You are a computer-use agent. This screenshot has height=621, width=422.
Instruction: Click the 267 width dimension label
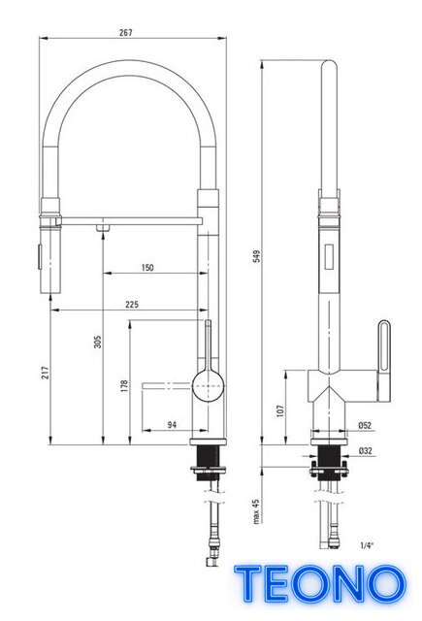pyautogui.click(x=125, y=33)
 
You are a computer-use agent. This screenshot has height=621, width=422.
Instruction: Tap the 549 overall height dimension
pyautogui.click(x=257, y=256)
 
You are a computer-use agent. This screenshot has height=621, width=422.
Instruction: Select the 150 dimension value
pyautogui.click(x=147, y=268)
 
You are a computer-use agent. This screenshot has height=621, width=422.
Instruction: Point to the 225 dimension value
pyautogui.click(x=132, y=304)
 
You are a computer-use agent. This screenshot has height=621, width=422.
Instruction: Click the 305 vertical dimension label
pyautogui.click(x=97, y=343)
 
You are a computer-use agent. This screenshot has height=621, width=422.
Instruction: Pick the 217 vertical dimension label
pyautogui.click(x=46, y=373)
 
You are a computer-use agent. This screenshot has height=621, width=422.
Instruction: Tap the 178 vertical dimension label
pyautogui.click(x=124, y=386)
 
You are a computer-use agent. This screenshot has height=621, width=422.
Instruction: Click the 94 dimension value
pyautogui.click(x=172, y=425)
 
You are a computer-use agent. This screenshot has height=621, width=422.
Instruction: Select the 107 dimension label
pyautogui.click(x=280, y=410)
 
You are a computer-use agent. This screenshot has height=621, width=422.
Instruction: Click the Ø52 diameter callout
pyautogui.click(x=365, y=425)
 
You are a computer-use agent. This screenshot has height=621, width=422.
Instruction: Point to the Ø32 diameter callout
pyautogui.click(x=365, y=450)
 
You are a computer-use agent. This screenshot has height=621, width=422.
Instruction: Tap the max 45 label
pyautogui.click(x=256, y=511)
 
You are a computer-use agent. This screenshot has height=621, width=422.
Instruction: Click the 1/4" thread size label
pyautogui.click(x=367, y=545)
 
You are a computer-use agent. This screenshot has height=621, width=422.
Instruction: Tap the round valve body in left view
pyautogui.click(x=208, y=385)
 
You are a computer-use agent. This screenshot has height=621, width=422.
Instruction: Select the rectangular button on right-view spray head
pyautogui.click(x=329, y=257)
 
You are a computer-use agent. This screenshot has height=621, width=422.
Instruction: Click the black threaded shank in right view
pyautogui.click(x=329, y=463)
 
